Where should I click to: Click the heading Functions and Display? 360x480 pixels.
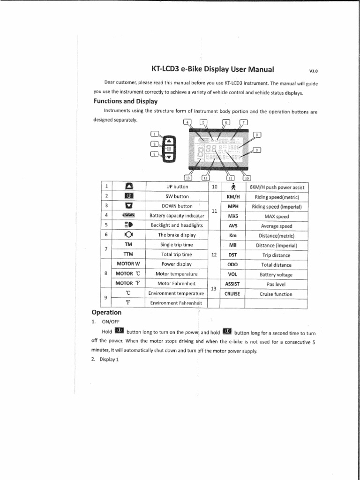125,101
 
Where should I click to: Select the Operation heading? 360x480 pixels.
106,312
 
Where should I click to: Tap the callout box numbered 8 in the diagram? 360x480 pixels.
257,135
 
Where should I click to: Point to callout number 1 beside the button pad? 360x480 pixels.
155,134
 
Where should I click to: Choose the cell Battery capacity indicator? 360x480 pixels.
177,216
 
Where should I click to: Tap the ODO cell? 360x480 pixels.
232,265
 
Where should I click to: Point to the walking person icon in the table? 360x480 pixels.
233,187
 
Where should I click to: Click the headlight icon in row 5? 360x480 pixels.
128,225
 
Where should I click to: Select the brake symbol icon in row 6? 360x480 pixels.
128,235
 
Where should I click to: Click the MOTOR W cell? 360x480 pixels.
128,263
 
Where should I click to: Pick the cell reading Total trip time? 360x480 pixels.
177,255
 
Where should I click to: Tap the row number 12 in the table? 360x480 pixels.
213,255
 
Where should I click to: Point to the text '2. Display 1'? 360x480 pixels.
105,360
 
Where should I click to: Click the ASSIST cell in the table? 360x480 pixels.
232,284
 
